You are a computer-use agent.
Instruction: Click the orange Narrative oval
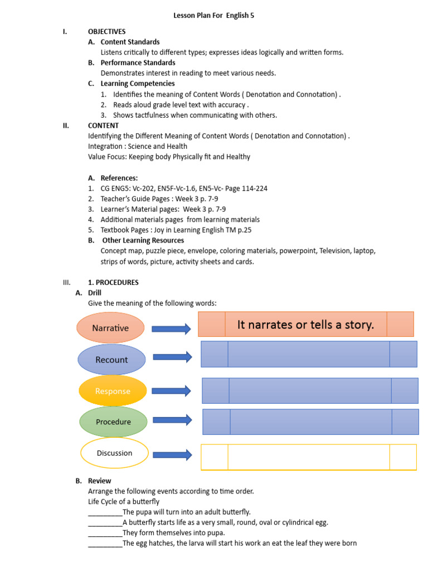click(x=110, y=328)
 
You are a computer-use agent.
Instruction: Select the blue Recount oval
click(x=111, y=360)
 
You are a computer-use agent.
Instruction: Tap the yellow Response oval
click(x=113, y=391)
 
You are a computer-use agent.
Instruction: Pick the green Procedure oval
click(x=113, y=422)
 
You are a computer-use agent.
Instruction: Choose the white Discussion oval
click(x=114, y=453)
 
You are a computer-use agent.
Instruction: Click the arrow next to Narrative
click(x=171, y=329)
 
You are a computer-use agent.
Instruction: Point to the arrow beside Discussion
click(x=172, y=455)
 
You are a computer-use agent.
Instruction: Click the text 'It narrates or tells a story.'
click(x=305, y=325)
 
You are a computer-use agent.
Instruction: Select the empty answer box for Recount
click(x=309, y=354)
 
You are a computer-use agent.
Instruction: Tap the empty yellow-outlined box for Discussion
click(x=308, y=457)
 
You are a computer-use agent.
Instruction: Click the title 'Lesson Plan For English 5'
click(x=214, y=16)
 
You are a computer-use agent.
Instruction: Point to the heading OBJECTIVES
click(x=107, y=31)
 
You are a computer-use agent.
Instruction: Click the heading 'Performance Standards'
click(x=138, y=62)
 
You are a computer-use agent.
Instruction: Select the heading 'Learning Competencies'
click(x=138, y=84)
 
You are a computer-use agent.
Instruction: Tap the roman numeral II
click(x=66, y=125)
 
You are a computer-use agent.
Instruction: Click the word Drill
click(x=95, y=293)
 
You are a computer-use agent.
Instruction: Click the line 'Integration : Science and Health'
click(x=138, y=146)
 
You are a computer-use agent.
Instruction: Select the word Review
click(x=99, y=481)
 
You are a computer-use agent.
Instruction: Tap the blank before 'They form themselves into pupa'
click(x=105, y=533)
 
